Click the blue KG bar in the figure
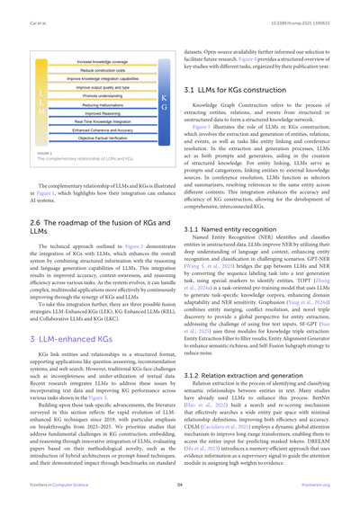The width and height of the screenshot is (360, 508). (x=162, y=100)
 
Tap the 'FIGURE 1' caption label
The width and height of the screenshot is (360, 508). (x=40, y=152)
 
